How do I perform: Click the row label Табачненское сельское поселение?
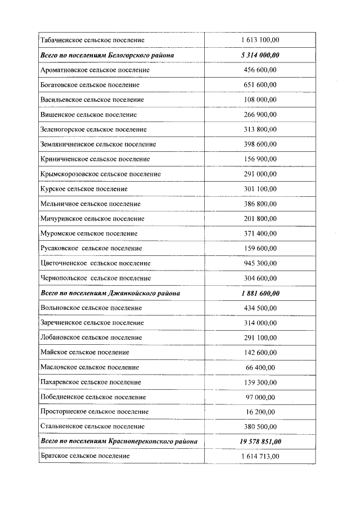(92, 40)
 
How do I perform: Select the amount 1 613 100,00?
(259, 40)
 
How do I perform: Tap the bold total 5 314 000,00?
(259, 55)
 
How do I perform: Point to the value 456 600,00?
(259, 70)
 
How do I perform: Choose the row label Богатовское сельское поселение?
(90, 85)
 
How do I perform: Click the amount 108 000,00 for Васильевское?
(259, 100)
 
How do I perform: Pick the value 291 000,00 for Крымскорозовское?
(259, 174)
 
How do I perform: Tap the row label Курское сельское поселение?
(84, 189)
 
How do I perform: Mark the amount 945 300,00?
(259, 263)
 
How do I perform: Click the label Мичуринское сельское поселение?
(92, 219)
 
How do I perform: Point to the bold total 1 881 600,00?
(259, 293)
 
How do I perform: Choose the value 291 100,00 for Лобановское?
(259, 337)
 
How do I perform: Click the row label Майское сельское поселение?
(85, 353)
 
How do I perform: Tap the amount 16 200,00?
(259, 412)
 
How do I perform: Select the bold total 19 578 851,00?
(259, 442)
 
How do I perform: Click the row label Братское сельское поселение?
(85, 456)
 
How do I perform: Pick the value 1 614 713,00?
(259, 456)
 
